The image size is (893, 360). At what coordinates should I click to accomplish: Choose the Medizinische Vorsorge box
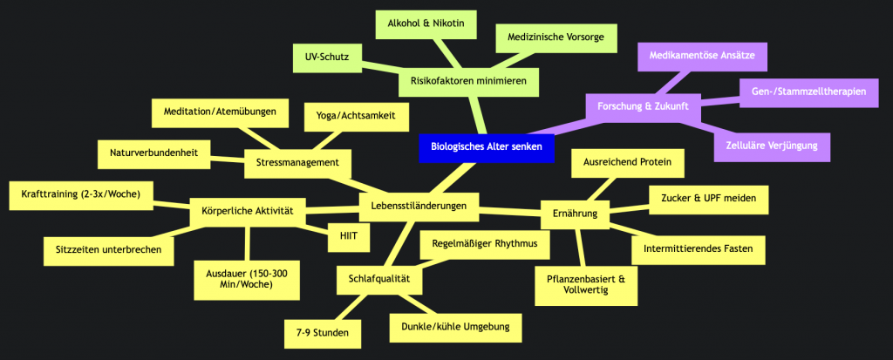coord(556,37)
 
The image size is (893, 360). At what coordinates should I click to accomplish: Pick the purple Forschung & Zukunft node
coord(644,106)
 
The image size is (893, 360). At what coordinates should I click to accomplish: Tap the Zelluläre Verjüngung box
coord(771,146)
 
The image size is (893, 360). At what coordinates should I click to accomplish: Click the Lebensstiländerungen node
coord(419,206)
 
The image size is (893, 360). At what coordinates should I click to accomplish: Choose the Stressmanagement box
coord(297,161)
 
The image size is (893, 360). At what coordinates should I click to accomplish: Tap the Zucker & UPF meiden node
coord(709,198)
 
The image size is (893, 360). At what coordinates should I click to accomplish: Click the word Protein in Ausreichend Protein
coord(652,162)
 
